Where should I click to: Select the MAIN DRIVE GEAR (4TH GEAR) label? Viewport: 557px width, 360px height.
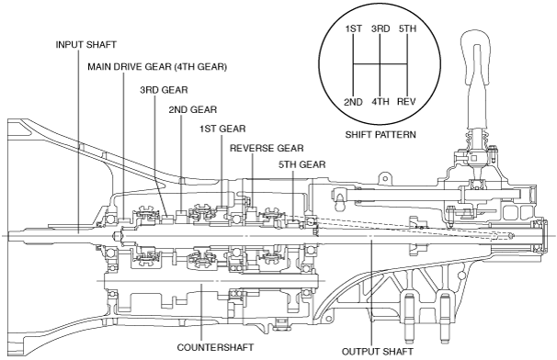(x=157, y=67)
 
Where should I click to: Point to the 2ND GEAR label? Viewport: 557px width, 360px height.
(x=192, y=109)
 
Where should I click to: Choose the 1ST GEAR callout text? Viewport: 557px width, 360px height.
(x=222, y=128)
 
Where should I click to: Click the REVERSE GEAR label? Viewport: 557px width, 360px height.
(x=267, y=147)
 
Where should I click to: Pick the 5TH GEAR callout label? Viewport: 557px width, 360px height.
(x=302, y=164)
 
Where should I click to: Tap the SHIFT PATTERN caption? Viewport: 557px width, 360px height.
(x=381, y=134)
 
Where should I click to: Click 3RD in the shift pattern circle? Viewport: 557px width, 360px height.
(x=381, y=28)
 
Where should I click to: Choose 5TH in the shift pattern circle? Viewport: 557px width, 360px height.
(x=408, y=28)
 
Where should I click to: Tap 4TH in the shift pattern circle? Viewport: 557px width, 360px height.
(x=381, y=102)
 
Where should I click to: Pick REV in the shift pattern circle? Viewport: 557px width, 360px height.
(x=408, y=102)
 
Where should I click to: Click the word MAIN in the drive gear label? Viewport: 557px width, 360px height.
(x=102, y=67)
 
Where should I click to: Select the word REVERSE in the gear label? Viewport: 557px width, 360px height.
(x=250, y=147)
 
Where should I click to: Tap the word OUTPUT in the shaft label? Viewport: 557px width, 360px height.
(x=360, y=350)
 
